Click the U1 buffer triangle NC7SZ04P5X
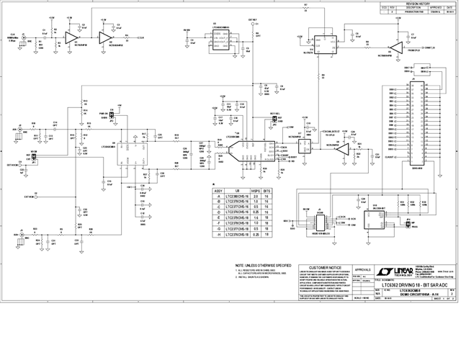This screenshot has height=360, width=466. point(71,36)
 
